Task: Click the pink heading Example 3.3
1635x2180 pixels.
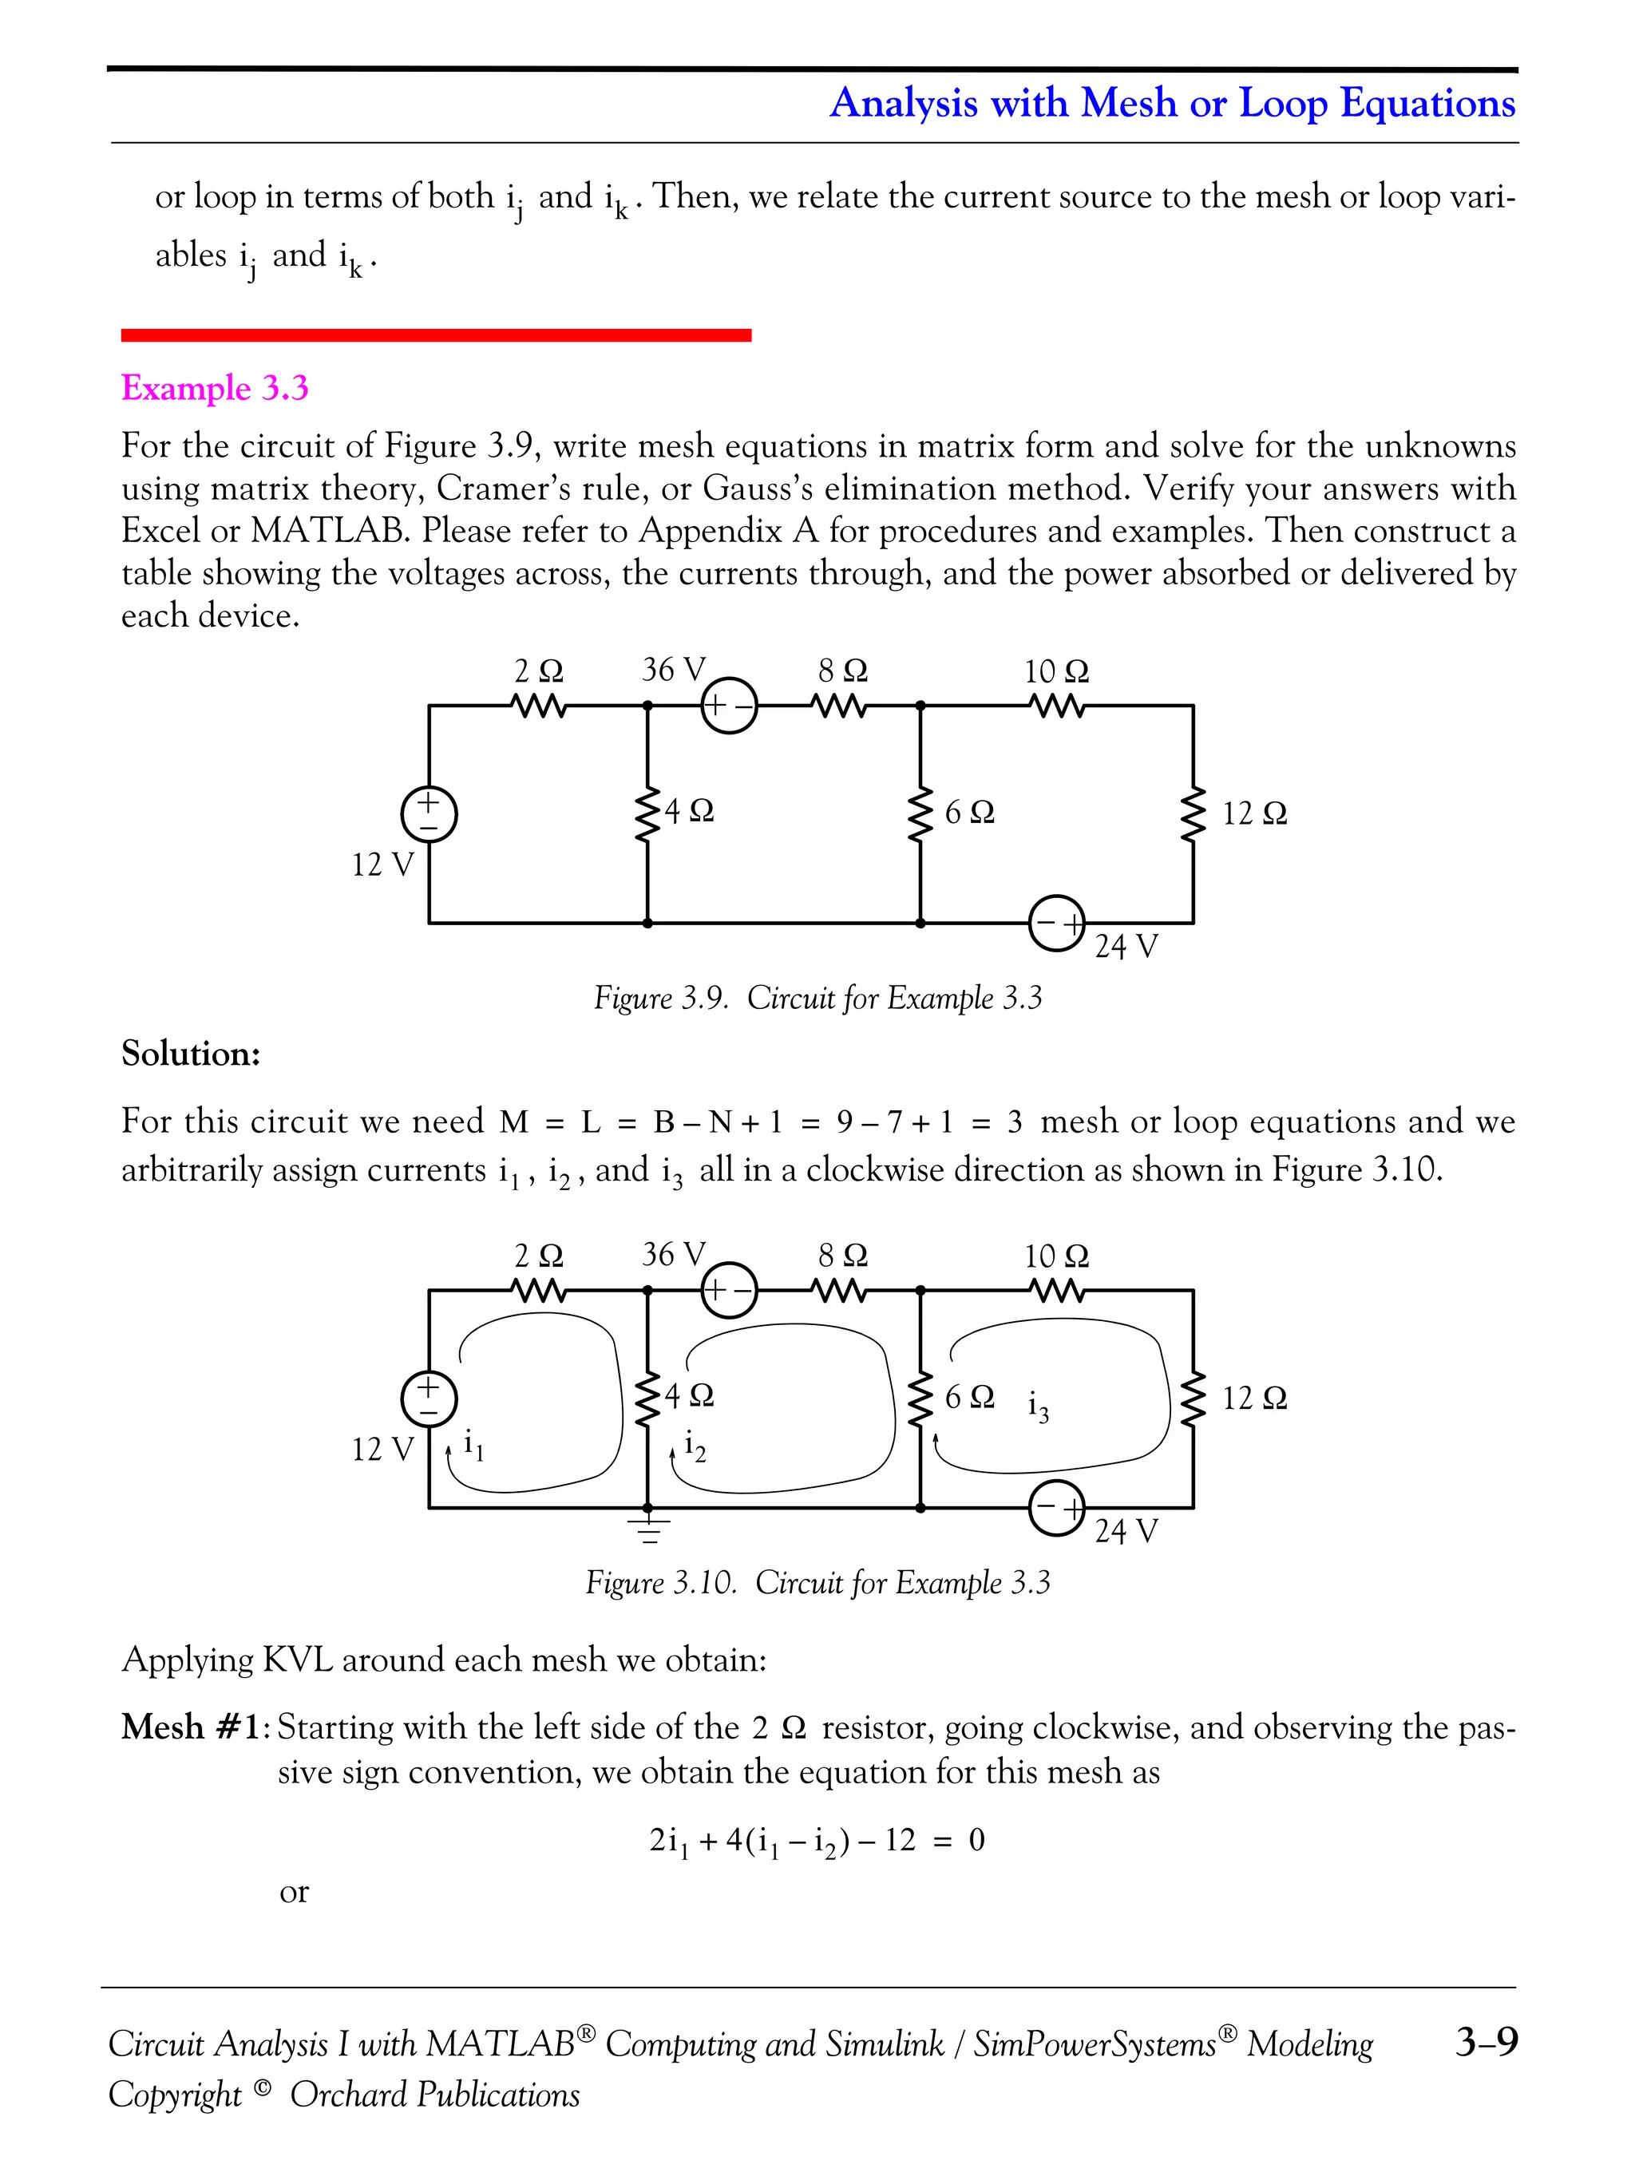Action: pos(214,387)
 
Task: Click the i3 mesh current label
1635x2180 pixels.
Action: pos(1038,1407)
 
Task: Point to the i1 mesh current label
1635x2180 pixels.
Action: pos(473,1445)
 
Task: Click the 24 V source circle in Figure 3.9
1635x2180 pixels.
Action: pos(1056,924)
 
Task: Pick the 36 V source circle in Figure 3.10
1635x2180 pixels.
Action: pos(728,1290)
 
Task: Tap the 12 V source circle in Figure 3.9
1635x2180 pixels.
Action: pos(429,815)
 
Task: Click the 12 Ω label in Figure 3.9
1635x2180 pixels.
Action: pos(1253,814)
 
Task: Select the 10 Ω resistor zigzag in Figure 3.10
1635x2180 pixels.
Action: pos(1056,1290)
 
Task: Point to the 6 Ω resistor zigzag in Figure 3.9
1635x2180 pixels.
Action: pos(920,814)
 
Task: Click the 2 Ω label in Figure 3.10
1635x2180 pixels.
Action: pos(538,1256)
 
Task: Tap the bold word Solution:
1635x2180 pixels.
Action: pos(190,1054)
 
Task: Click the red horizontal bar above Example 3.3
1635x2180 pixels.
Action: pos(436,335)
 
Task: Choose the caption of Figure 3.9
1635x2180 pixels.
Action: pos(817,999)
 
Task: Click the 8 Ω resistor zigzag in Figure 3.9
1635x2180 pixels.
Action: pos(840,706)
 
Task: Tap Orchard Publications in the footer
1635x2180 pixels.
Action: pos(434,2095)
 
